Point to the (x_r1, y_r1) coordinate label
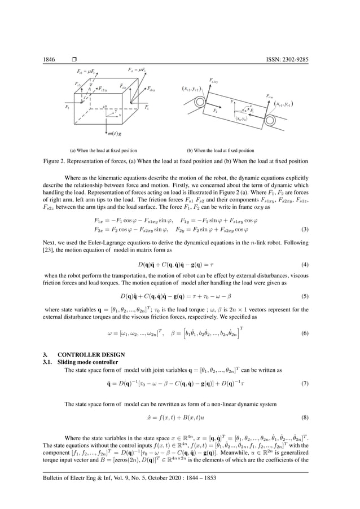(x=284, y=104)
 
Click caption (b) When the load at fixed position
(x=221, y=151)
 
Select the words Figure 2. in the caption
(x=56, y=161)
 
